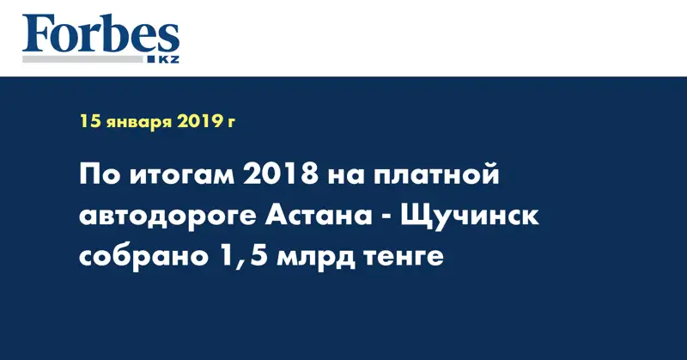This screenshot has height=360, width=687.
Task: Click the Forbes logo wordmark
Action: (x=100, y=34)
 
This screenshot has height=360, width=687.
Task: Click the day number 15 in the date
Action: (x=90, y=122)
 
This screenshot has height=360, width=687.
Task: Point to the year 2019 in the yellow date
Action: (x=201, y=122)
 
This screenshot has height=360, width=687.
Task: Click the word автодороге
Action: (x=163, y=217)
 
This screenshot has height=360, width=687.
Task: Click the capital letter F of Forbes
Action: (x=37, y=34)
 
